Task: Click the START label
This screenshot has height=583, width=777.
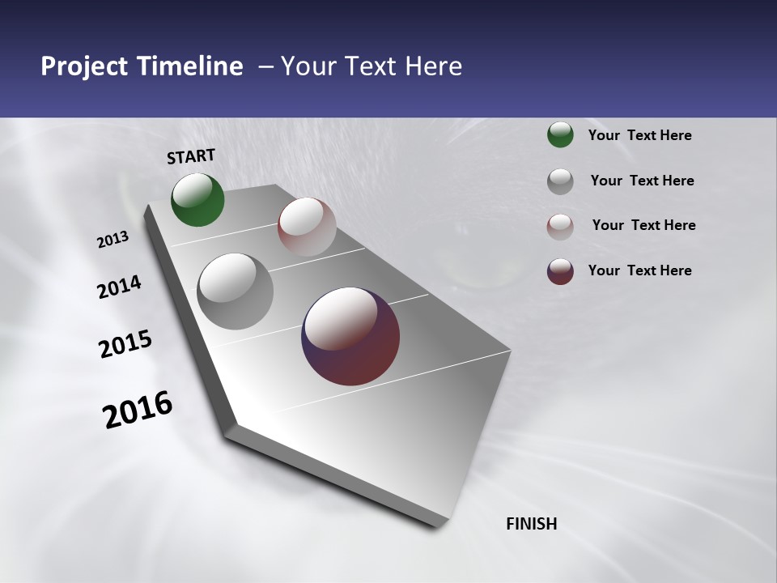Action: pyautogui.click(x=191, y=156)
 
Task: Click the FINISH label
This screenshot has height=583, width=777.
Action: pyautogui.click(x=531, y=524)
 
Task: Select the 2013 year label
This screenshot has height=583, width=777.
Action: pyautogui.click(x=113, y=240)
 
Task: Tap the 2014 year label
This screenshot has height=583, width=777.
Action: pyautogui.click(x=119, y=287)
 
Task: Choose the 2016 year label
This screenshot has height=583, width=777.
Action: pyautogui.click(x=138, y=410)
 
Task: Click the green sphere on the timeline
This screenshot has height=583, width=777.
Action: pyautogui.click(x=197, y=199)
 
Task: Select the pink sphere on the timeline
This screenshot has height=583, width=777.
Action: pyautogui.click(x=307, y=227)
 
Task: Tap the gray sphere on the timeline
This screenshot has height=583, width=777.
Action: pyautogui.click(x=236, y=291)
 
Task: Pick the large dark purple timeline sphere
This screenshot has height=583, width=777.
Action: pyautogui.click(x=350, y=336)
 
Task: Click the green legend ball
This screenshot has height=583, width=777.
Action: pyautogui.click(x=560, y=134)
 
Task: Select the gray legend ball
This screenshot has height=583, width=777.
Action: pyautogui.click(x=560, y=181)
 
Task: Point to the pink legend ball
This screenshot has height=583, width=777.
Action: pyautogui.click(x=560, y=227)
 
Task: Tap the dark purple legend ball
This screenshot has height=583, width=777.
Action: pyautogui.click(x=560, y=271)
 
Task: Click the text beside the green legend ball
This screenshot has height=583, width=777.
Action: pyautogui.click(x=639, y=135)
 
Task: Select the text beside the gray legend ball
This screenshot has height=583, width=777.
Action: pyautogui.click(x=642, y=181)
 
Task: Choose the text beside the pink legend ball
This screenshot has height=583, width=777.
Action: pyautogui.click(x=643, y=225)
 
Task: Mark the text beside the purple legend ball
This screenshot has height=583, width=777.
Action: pyautogui.click(x=639, y=270)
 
